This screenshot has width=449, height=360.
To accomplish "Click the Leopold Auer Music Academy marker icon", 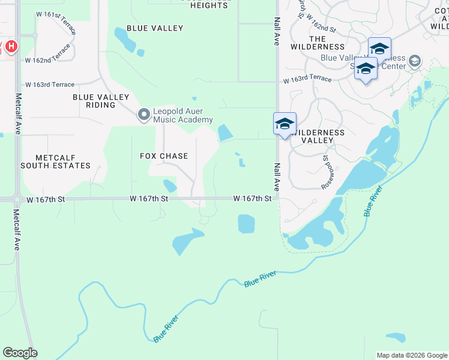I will click(143, 114).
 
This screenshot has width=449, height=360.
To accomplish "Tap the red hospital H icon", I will click(11, 46).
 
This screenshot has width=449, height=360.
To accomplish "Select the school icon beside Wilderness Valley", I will click(285, 124).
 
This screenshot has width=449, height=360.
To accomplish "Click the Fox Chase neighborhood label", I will click(164, 156).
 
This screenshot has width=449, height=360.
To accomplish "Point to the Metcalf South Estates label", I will click(55, 161).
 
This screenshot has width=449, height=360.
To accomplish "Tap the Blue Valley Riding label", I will click(101, 101).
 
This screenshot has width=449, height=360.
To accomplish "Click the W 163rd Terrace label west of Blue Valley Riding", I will click(49, 85).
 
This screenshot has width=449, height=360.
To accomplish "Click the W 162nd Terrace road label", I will click(47, 55).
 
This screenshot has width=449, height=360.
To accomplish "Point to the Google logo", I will click(20, 353).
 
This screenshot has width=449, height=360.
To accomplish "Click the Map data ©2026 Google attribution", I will click(411, 355).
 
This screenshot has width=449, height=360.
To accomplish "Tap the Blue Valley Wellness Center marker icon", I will click(414, 61).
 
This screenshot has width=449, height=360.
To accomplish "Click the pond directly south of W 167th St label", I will click(246, 223).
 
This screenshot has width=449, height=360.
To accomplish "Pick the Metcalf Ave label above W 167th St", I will click(19, 113).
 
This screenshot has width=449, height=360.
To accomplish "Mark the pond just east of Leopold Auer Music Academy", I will click(225, 132).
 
